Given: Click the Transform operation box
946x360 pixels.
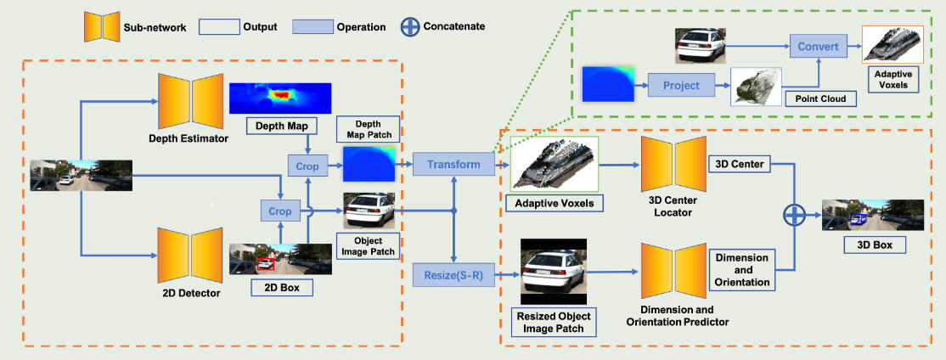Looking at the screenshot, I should click(x=453, y=164).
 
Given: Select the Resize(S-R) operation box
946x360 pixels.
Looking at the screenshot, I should click(x=453, y=275).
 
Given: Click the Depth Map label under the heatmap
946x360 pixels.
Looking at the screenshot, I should click(x=279, y=127).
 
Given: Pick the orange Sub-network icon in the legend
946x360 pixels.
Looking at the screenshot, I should click(x=100, y=25).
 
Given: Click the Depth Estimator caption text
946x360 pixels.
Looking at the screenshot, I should click(x=189, y=138).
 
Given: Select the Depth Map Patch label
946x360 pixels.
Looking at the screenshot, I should click(x=368, y=129).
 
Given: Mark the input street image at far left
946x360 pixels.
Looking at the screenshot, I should click(x=82, y=175).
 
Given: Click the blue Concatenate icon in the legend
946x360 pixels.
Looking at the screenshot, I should click(x=410, y=25).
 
